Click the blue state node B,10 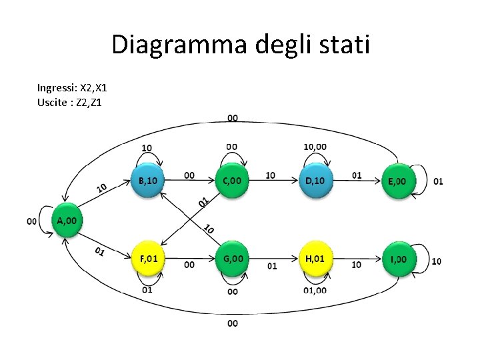click(x=146, y=181)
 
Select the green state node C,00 click(x=232, y=181)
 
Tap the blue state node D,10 click(x=315, y=181)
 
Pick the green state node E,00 click(x=398, y=181)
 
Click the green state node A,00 click(x=66, y=221)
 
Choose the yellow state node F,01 click(x=148, y=259)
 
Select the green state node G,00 click(x=232, y=259)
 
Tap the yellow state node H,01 click(x=315, y=259)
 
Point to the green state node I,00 click(x=399, y=259)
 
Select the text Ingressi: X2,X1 click(x=72, y=88)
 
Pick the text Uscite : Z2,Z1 click(x=70, y=102)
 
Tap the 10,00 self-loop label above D click(x=315, y=147)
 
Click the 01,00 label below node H click(x=315, y=290)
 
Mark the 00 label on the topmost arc click(x=232, y=118)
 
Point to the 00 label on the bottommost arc click(x=232, y=323)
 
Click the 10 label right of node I click(x=437, y=261)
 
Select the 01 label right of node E click(x=438, y=181)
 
